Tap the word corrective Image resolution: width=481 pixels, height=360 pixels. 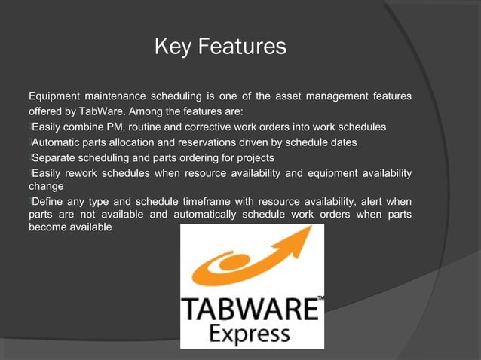(x=207, y=127)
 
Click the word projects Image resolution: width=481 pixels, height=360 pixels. (x=253, y=158)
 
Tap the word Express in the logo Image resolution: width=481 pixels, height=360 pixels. (x=251, y=332)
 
